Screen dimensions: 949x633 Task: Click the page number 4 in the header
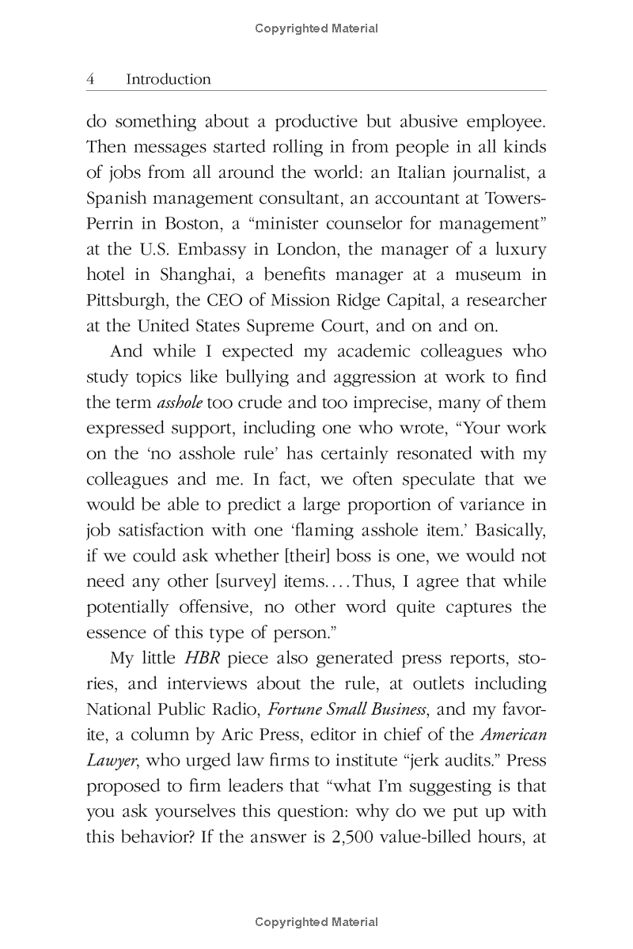pyautogui.click(x=91, y=80)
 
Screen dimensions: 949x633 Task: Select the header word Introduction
pyautogui.click(x=169, y=80)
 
